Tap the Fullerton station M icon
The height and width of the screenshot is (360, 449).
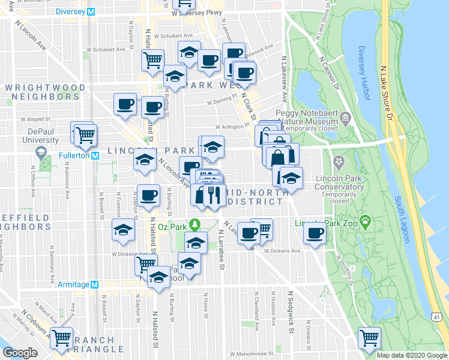pos(95,155)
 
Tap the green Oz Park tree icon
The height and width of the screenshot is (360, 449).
pos(194,225)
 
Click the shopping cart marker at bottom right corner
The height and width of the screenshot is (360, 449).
pos(369,338)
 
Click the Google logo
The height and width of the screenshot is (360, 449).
pos(20,353)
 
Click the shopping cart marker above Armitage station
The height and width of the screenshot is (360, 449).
pos(145,263)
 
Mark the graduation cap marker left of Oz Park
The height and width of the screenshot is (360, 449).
pos(124,230)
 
